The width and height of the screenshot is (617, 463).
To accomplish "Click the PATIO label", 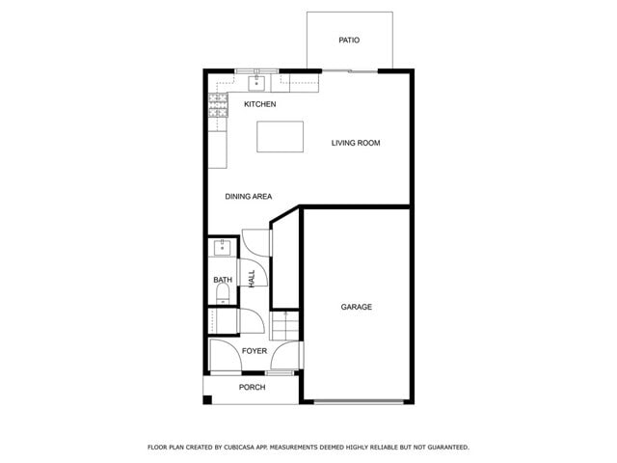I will tap(349, 41).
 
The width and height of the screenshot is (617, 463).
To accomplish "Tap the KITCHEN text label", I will tap(260, 104).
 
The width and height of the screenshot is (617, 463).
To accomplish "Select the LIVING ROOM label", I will tap(356, 143).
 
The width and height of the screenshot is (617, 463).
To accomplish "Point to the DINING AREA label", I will tap(248, 197).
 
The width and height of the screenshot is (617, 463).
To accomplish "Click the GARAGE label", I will tap(356, 307).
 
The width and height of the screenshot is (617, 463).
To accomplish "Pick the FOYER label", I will tap(255, 351).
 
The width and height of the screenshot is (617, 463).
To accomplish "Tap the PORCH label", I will tap(252, 387).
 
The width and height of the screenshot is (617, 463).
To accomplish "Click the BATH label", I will tap(223, 281).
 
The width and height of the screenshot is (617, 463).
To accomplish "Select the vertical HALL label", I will tap(252, 279).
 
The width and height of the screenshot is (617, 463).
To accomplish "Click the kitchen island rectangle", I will tap(280, 136).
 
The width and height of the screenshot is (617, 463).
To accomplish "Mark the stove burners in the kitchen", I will tap(218, 105).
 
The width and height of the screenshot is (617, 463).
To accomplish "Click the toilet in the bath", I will tap(223, 300).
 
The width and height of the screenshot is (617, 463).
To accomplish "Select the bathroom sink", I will tap(223, 248).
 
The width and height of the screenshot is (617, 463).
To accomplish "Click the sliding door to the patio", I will tap(349, 70).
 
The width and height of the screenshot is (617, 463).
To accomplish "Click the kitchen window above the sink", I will tap(257, 70).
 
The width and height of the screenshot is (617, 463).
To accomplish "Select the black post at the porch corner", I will tap(207, 399).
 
